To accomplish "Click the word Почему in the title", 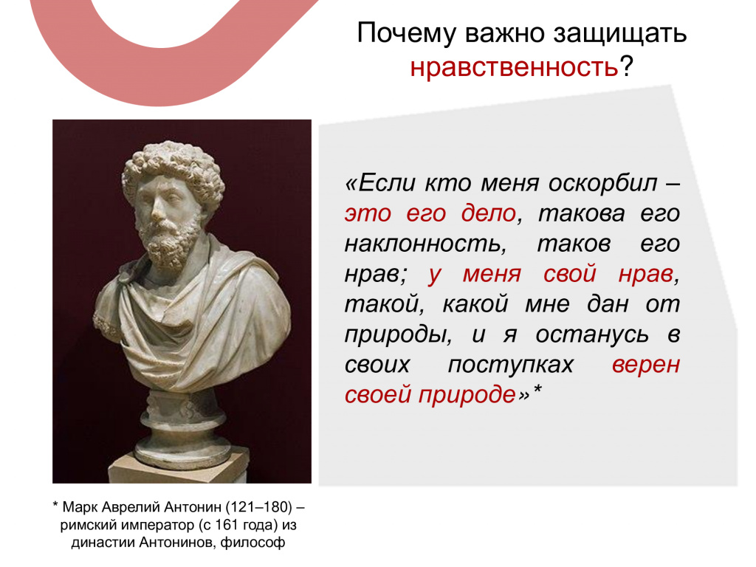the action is point(406,34).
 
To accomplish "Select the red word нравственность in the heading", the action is point(514,66).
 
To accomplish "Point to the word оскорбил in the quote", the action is point(602,183).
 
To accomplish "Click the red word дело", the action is point(489,213).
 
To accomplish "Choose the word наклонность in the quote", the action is point(425,244).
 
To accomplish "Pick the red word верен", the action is point(645,365).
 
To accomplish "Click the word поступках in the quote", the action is point(511,365).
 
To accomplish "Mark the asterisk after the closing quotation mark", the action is point(537,389).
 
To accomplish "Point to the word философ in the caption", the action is point(252,543).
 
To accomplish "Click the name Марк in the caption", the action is point(80,507).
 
